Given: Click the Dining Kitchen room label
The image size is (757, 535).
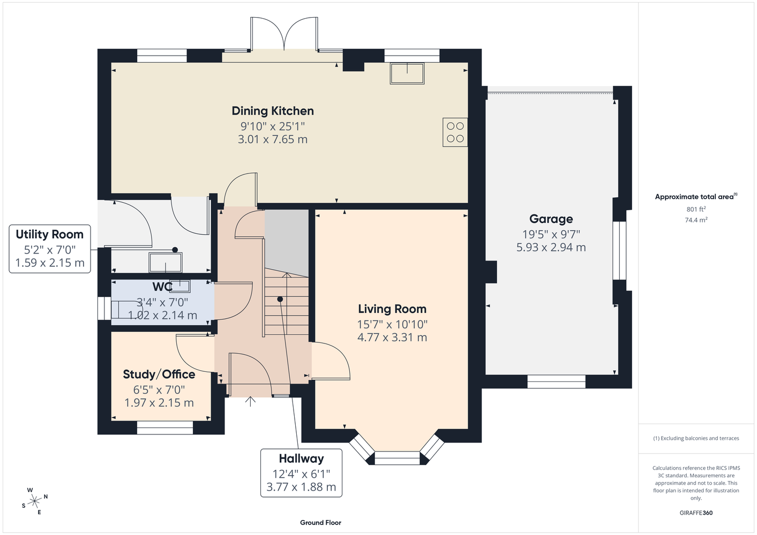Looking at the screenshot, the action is (273, 111).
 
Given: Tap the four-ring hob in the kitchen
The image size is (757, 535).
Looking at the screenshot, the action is (455, 132).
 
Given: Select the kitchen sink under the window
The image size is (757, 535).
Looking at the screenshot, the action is (407, 73).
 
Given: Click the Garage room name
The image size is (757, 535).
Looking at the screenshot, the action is (551, 219).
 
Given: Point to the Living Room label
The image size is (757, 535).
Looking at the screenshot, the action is (392, 309).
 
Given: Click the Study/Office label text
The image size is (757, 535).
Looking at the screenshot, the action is (159, 374).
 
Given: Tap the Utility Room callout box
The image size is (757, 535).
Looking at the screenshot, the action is (50, 249).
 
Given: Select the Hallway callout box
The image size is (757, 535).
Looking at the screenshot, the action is (301, 473).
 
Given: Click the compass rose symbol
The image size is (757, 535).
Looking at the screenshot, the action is (34, 501).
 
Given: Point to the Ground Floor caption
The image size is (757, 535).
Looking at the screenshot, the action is (321, 523).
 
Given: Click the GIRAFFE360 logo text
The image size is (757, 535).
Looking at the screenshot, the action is (696, 513).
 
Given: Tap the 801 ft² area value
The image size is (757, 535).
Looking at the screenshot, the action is (696, 209).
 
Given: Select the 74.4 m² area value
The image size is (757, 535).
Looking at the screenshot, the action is (696, 220).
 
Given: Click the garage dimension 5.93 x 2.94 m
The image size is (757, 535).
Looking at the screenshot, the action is (551, 247).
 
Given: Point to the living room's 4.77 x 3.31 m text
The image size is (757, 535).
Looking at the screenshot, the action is (392, 337).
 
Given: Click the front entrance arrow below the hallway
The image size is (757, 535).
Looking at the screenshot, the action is (250, 401).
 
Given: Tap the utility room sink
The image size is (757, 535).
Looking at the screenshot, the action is (166, 262).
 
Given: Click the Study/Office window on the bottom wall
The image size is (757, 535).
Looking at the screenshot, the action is (165, 427).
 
